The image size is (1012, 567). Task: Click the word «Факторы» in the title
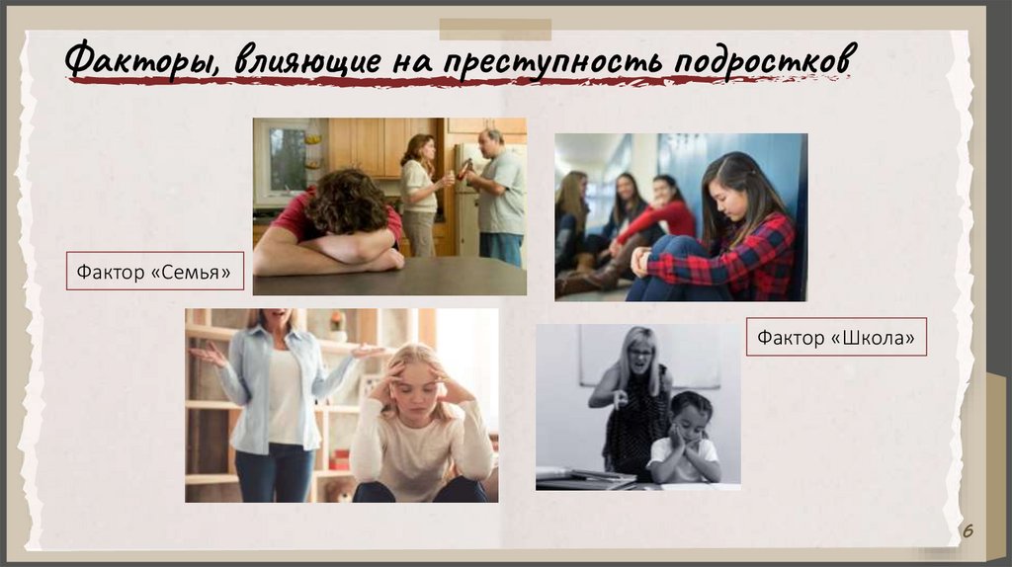point(141,58)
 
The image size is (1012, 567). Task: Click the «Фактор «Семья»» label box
point(155,270)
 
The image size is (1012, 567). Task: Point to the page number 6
point(969,531)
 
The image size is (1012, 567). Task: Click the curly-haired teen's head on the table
point(346,202)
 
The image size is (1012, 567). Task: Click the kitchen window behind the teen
point(286,158)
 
